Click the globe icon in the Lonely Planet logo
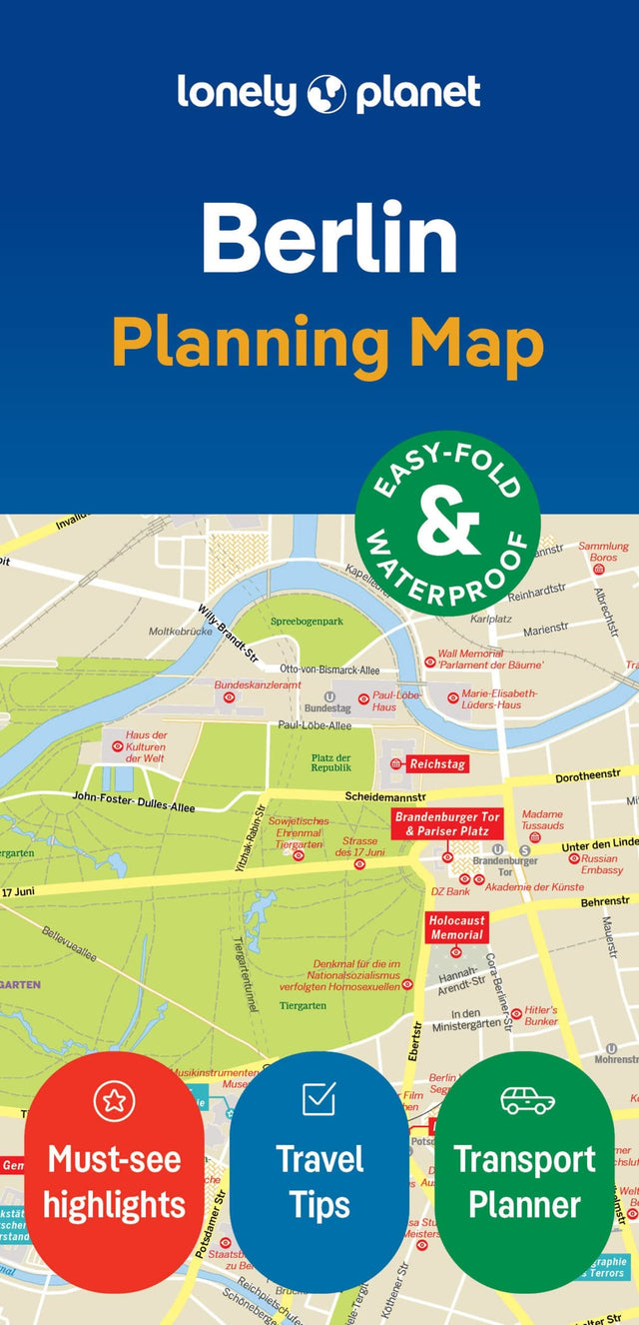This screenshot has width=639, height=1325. coord(327,94)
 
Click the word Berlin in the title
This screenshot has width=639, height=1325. coord(329,239)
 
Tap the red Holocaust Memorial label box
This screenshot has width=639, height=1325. coord(456,928)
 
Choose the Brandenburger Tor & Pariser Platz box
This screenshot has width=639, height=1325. coord(446,823)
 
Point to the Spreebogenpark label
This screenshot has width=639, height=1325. coord(307,622)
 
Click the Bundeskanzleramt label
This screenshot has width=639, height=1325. coord(258,685)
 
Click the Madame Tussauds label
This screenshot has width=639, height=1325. coord(543,820)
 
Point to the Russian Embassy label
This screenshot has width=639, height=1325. coord(602,864)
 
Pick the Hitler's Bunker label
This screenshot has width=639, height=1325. coord(541,1015)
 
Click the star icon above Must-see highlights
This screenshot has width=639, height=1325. coord(114,1101)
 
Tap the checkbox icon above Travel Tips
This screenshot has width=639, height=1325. coord(319,1099)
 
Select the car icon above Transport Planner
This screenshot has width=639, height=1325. coord(526,1100)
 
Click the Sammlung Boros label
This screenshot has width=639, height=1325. coord(604,552)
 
